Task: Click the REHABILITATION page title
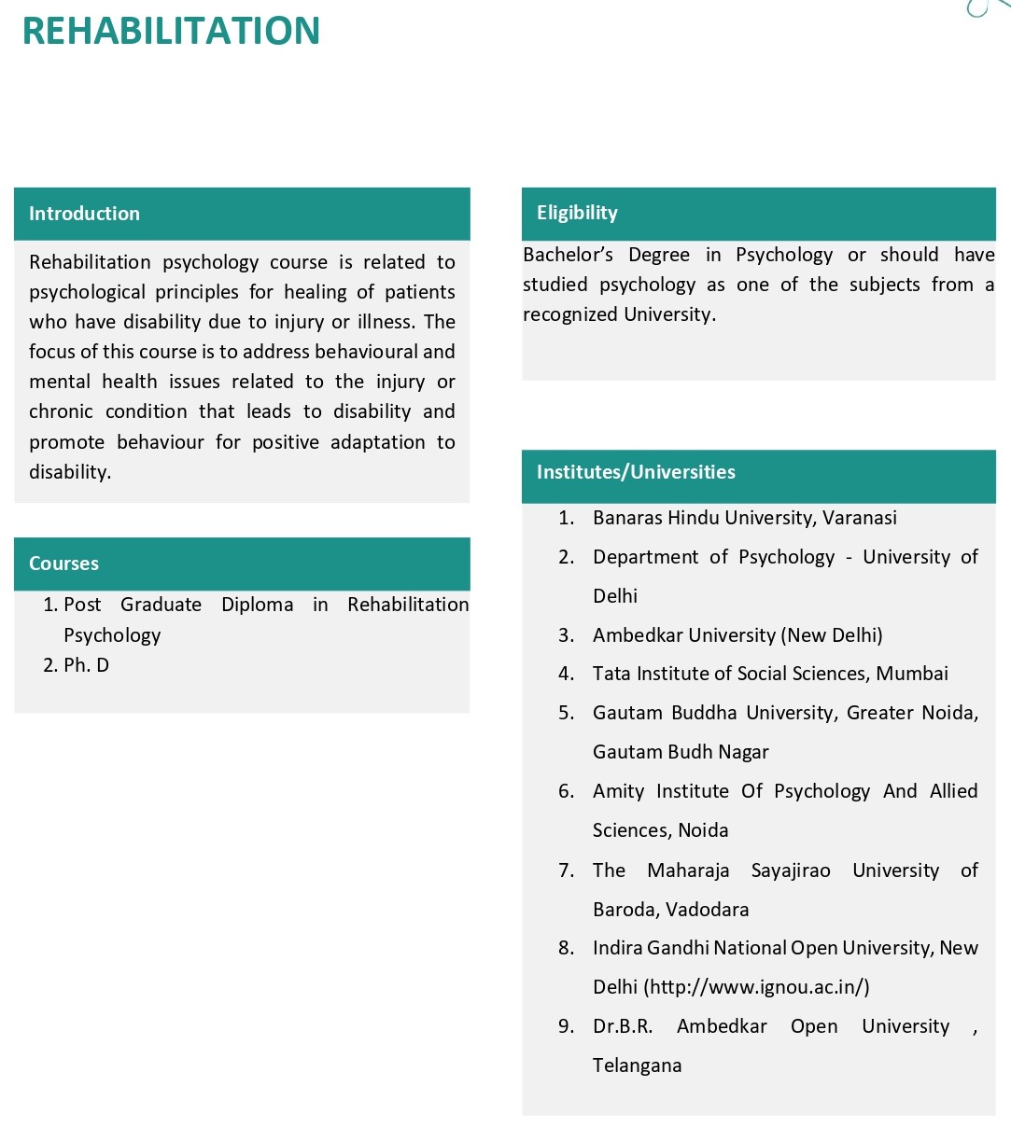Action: point(171,31)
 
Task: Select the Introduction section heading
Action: point(84,214)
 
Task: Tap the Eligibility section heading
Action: point(577,213)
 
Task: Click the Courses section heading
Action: point(63,564)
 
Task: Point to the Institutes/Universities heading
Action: point(636,472)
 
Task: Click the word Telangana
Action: point(637,1065)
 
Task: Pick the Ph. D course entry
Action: point(86,665)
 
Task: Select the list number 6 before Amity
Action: point(566,791)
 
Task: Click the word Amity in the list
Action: point(618,791)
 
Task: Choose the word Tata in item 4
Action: point(611,674)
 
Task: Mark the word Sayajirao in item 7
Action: point(790,870)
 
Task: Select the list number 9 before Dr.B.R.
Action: point(566,1026)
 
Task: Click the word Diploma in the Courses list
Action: point(257,605)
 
